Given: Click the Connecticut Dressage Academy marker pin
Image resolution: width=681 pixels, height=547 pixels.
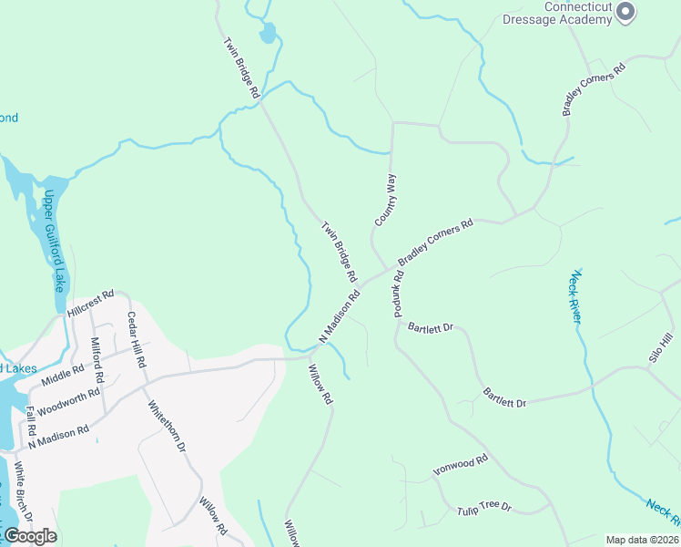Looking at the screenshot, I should click(625, 12).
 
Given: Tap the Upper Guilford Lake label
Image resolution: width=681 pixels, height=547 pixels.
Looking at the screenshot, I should click(56, 241).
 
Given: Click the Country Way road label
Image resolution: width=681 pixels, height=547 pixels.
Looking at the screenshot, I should click(386, 200).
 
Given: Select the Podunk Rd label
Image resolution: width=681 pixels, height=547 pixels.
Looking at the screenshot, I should click(398, 293).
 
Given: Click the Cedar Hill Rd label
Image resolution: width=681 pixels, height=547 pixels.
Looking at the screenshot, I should click(136, 338).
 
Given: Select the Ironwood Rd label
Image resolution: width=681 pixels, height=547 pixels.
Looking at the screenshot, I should click(461, 465).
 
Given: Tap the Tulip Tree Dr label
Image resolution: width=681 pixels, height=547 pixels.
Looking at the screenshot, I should click(483, 507).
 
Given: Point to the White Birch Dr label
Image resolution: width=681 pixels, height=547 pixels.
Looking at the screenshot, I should click(23, 492).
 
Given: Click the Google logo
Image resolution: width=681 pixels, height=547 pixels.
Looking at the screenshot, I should click(30, 536).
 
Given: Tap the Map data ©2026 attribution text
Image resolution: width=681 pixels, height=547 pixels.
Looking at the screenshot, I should click(642, 540).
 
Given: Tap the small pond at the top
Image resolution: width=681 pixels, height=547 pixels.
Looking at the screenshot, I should click(267, 34).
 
